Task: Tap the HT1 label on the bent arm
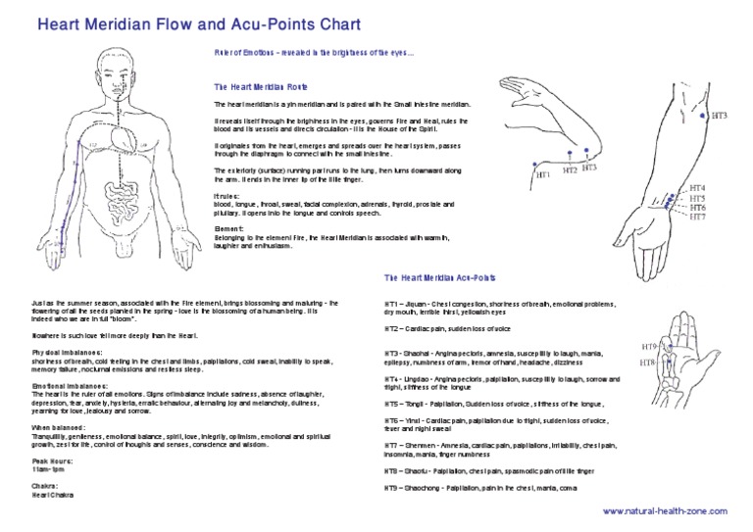542,174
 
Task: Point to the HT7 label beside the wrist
697,217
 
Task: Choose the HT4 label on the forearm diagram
697,187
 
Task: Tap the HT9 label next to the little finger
648,348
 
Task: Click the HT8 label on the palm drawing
647,363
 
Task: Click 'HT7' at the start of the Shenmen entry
390,444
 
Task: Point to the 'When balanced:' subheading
56,428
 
